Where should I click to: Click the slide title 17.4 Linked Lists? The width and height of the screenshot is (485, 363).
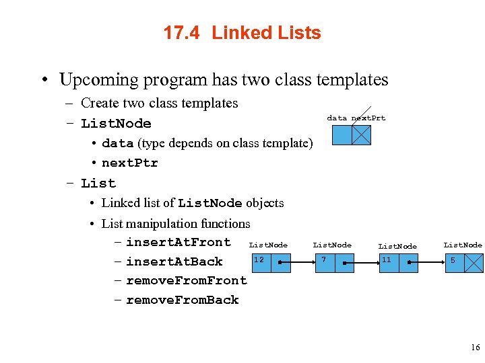click(242, 33)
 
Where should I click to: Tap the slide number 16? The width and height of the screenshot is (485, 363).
click(476, 348)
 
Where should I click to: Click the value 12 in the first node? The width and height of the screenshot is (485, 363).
click(259, 259)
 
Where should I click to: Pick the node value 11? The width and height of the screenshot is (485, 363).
click(386, 259)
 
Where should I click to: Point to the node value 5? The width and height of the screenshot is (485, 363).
click(453, 259)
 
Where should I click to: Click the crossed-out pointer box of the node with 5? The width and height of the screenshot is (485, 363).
click(474, 263)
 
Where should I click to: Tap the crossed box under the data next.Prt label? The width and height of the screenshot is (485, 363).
click(361, 135)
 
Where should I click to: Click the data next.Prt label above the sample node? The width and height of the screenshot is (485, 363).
click(356, 118)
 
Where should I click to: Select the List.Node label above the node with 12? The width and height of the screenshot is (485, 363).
click(268, 245)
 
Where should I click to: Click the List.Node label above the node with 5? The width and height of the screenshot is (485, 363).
click(463, 245)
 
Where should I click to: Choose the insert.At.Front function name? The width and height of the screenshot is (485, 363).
click(178, 242)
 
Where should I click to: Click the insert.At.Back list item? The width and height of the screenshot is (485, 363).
click(174, 261)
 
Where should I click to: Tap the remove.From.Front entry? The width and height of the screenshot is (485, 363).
click(186, 280)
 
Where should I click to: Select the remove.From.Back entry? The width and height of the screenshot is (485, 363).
click(182, 300)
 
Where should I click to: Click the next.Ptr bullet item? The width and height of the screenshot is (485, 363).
click(129, 163)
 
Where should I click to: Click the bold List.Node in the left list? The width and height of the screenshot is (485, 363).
click(116, 124)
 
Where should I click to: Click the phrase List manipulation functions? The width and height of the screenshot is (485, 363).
click(175, 224)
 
